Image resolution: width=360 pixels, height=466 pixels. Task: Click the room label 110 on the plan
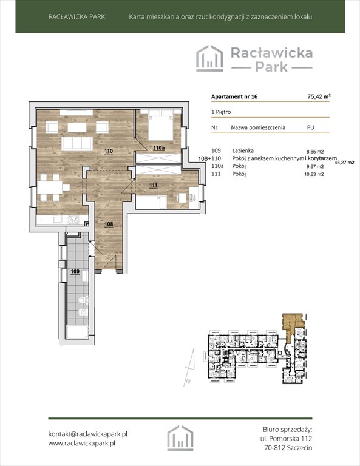(x=109, y=151)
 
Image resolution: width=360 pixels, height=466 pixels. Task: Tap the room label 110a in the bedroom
(x=158, y=147)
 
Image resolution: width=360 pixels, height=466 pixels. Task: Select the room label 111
(x=153, y=186)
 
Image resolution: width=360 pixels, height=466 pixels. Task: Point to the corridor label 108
(x=109, y=224)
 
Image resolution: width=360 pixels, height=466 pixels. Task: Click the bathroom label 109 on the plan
(x=75, y=271)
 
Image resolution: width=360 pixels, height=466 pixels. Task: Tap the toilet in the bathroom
(x=83, y=300)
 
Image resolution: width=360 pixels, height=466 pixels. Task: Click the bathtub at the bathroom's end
(x=77, y=333)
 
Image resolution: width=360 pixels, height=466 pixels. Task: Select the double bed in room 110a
(x=161, y=124)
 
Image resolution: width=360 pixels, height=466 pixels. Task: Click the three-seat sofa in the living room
(x=76, y=144)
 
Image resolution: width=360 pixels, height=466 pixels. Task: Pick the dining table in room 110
(x=50, y=187)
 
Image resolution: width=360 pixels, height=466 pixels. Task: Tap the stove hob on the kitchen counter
(x=73, y=219)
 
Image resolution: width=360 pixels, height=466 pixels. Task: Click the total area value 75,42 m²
(x=319, y=96)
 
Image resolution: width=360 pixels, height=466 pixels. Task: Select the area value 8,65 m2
(x=315, y=152)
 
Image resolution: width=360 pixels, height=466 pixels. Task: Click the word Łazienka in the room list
(x=243, y=150)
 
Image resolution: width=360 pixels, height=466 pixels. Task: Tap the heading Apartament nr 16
(x=234, y=96)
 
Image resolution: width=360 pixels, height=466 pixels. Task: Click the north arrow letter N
(x=187, y=382)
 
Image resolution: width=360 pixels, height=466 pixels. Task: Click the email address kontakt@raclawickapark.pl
(x=87, y=434)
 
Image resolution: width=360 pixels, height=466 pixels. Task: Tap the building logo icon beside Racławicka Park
(x=209, y=58)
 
